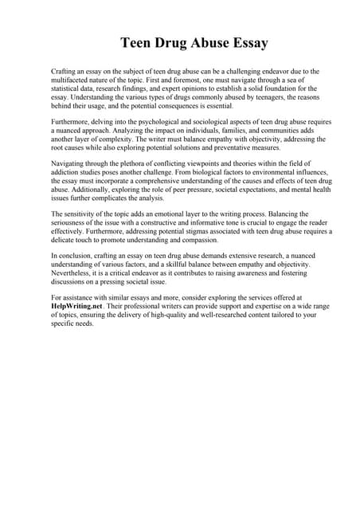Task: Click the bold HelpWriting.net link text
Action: [x=78, y=305]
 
